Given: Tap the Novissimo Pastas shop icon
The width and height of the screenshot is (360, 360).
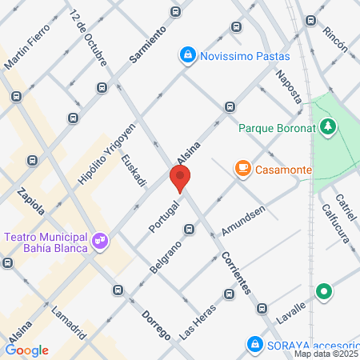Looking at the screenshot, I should pyautogui.click(x=186, y=54).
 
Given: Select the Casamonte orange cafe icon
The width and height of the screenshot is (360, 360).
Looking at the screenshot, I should pyautogui.click(x=242, y=168).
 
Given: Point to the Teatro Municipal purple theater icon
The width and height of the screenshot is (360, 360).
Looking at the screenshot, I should pyautogui.click(x=99, y=238).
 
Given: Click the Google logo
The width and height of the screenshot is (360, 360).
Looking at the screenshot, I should pyautogui.click(x=27, y=350).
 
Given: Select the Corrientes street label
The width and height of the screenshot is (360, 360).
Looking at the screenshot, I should pyautogui.click(x=238, y=272).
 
